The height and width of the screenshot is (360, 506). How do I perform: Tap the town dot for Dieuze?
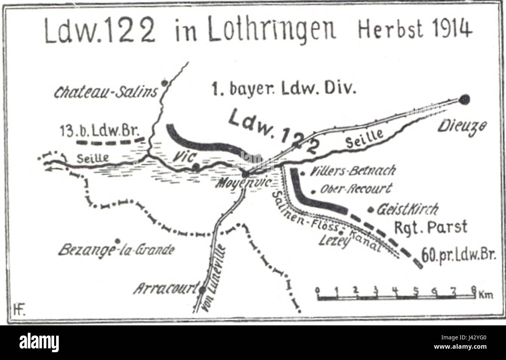point(464,99)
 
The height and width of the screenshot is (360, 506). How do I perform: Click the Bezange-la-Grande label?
point(116,250)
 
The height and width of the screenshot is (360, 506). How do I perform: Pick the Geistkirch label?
point(407,209)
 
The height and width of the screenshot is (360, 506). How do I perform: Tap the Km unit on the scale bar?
point(487,295)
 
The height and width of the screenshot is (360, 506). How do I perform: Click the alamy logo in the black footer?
point(39,342)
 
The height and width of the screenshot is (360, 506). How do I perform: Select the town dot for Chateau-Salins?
point(165,83)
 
